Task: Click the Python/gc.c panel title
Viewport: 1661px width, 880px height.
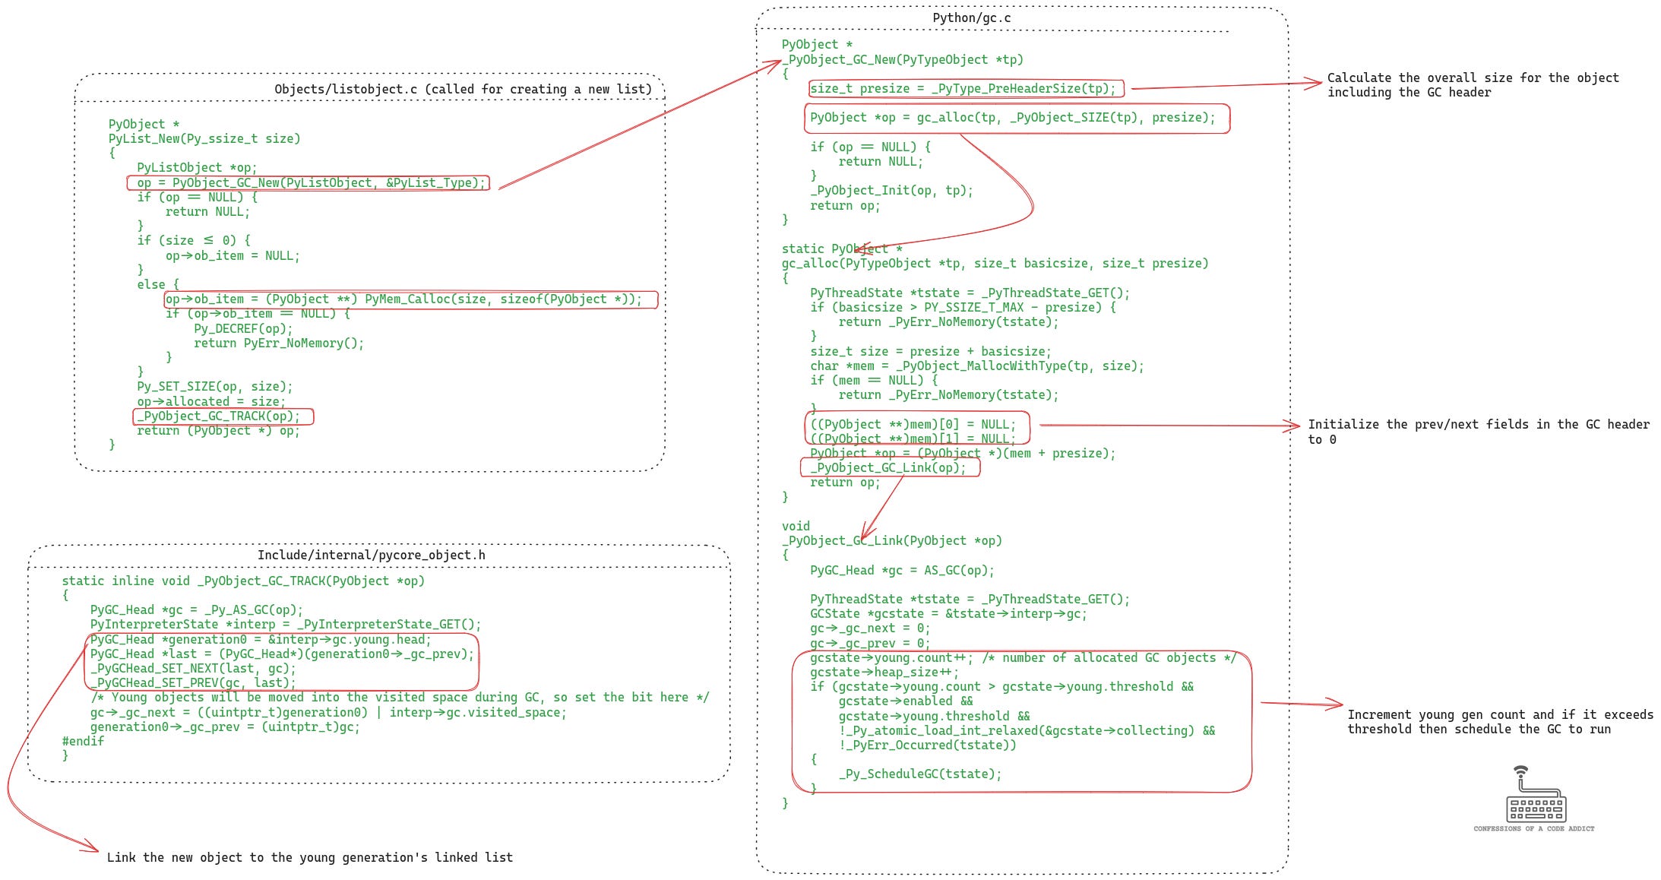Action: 971,17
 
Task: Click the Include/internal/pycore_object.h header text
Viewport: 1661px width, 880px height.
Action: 371,555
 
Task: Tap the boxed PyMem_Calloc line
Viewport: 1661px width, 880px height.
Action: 403,299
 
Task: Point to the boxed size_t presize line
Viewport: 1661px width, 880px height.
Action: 963,89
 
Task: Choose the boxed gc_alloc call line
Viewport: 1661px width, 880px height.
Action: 1012,118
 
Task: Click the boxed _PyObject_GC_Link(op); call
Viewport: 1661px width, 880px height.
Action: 888,468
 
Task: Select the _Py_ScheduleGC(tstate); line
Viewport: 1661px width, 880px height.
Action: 920,774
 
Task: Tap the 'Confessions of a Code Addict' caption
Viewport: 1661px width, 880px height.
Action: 1533,828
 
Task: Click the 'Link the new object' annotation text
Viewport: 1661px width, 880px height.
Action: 309,857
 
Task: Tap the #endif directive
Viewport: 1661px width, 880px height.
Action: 83,741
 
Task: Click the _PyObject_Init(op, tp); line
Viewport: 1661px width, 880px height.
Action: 891,191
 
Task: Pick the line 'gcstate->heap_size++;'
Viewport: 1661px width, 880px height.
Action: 884,673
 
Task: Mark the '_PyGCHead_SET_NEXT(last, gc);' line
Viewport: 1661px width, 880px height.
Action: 193,669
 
